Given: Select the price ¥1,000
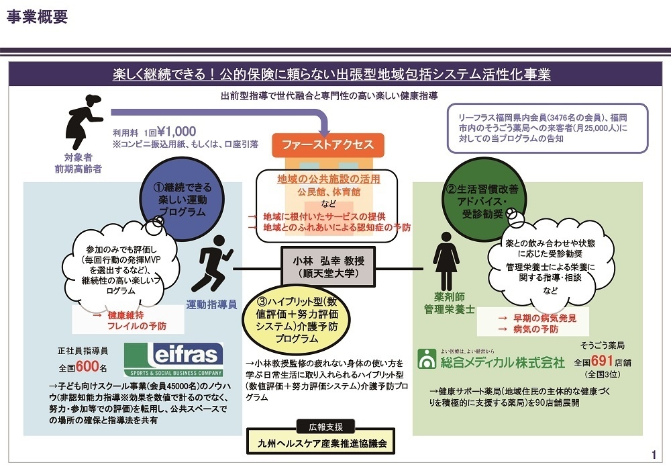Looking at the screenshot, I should tap(176, 132).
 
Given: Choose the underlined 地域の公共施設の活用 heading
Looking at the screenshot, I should tap(328, 179).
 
